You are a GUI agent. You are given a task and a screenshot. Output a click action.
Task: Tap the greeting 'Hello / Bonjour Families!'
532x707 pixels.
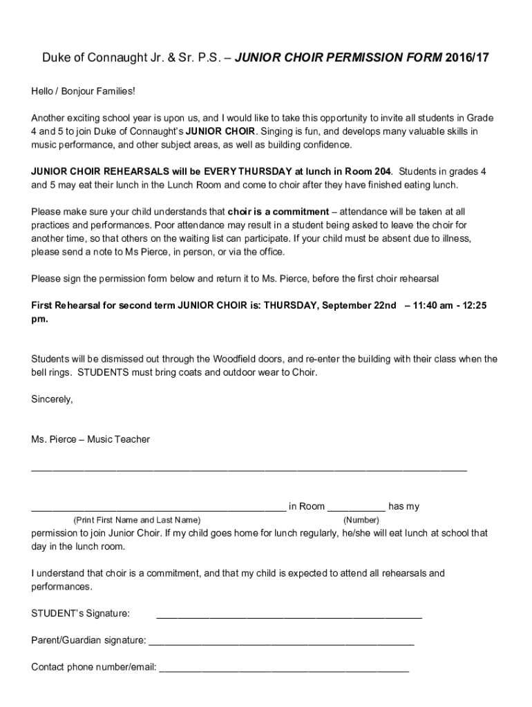(83, 91)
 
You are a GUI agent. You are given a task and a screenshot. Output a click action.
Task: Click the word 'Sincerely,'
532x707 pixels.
(52, 399)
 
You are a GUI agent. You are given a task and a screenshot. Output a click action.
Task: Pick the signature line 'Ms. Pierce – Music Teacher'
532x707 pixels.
(91, 439)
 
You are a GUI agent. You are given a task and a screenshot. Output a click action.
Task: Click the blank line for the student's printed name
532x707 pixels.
(158, 508)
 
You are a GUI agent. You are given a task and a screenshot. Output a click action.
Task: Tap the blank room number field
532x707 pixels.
(356, 508)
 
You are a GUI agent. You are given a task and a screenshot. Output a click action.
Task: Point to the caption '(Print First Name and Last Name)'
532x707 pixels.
(137, 520)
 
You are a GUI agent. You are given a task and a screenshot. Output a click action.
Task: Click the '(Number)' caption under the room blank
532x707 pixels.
(361, 520)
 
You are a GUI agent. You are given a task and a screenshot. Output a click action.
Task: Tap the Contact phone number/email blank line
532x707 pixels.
(284, 669)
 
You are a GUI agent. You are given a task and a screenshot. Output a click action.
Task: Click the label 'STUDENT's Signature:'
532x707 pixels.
(81, 614)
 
